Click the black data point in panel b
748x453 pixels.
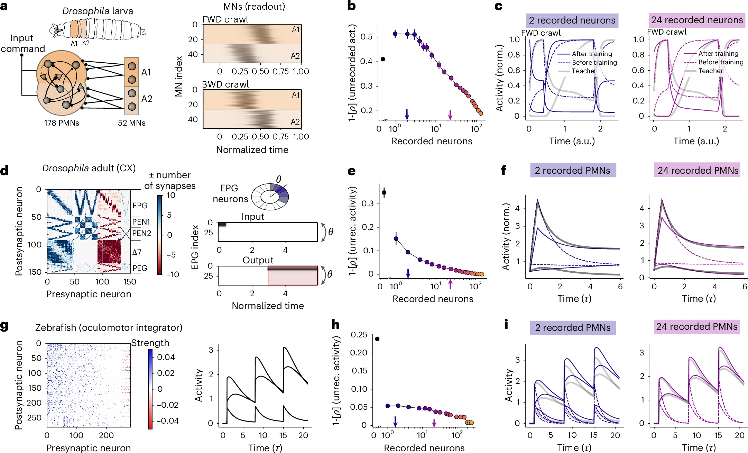coord(383,59)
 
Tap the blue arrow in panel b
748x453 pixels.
coord(407,114)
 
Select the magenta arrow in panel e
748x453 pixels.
coord(450,284)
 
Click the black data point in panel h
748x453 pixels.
coord(377,339)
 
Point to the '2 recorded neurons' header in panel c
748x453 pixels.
coord(572,20)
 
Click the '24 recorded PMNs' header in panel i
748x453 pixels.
coord(697,327)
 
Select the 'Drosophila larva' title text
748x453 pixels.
coord(98,11)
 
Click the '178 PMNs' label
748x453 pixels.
coord(62,123)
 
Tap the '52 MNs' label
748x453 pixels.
coord(131,123)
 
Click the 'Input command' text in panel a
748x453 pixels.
coord(22,43)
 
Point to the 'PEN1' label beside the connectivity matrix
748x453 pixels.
coord(141,222)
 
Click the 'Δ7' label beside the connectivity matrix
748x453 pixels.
coord(137,252)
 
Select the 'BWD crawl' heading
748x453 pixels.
coord(225,84)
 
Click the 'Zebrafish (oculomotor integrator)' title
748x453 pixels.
coord(109,327)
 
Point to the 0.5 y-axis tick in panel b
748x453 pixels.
coord(366,37)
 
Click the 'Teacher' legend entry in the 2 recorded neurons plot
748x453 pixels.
coord(584,71)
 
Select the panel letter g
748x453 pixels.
coord(4,326)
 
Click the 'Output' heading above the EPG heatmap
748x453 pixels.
coord(258,260)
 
